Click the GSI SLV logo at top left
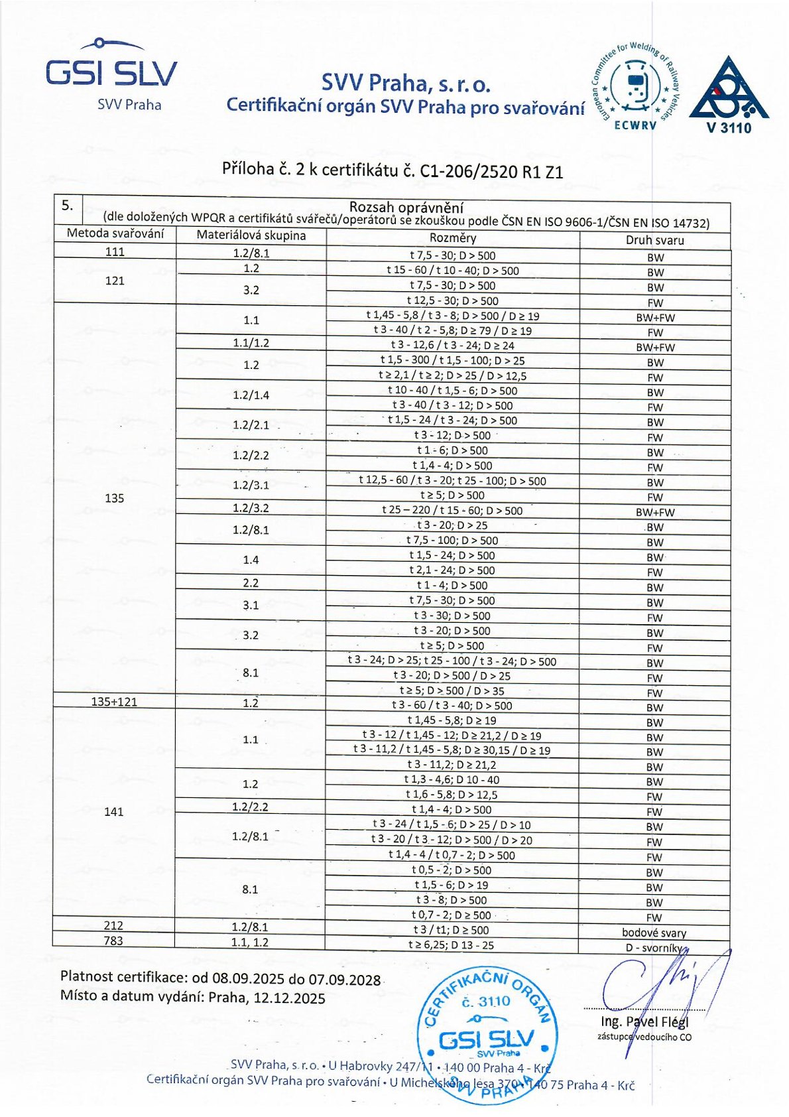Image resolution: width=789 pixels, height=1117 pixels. tap(111, 73)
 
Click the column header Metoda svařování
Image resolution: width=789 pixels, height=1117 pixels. tap(115, 233)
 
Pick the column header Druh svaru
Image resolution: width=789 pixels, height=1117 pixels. tap(654, 240)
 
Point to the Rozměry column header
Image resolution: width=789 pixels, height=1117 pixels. tap(453, 238)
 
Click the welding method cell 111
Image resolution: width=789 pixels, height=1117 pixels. tap(115, 251)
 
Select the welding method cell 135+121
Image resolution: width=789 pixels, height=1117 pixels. tap(114, 702)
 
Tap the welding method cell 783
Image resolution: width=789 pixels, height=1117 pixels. tap(113, 941)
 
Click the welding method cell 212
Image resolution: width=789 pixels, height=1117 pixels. tap(113, 925)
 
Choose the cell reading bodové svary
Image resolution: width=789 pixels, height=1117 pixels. tap(654, 933)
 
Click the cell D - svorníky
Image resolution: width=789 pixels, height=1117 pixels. tap(654, 948)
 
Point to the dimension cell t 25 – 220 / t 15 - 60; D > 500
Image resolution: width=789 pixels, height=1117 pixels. tap(452, 511)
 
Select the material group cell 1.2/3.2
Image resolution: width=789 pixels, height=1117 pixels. tap(251, 508)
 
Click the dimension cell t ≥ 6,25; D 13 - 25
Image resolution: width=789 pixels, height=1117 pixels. tap(451, 945)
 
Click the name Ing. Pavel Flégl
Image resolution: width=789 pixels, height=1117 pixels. tap(644, 1021)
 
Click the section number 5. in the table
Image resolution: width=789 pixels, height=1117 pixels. tap(68, 205)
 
